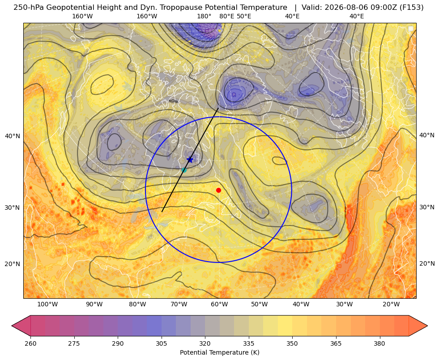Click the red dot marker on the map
(x=218, y=190)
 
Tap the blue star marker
(x=190, y=160)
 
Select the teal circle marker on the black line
(x=184, y=170)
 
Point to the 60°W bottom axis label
(x=219, y=304)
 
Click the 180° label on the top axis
(x=204, y=16)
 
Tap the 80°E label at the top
(x=226, y=16)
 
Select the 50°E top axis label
(x=244, y=16)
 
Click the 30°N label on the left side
(x=13, y=208)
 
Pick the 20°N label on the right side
(x=427, y=263)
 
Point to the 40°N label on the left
(x=13, y=136)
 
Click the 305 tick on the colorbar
(x=161, y=343)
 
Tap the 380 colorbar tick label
(x=379, y=343)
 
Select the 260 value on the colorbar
(x=30, y=343)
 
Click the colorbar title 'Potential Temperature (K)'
(x=219, y=352)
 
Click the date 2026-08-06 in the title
(x=342, y=8)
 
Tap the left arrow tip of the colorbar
(x=12, y=326)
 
